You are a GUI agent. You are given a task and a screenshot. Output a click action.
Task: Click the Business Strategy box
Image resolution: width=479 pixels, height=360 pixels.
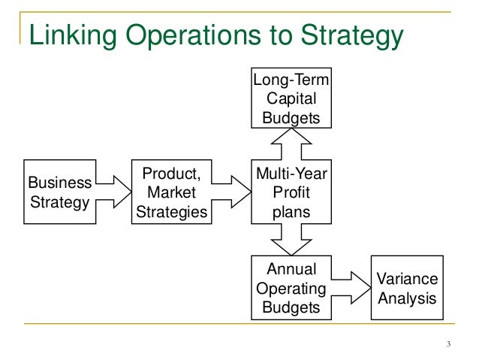pyautogui.click(x=59, y=192)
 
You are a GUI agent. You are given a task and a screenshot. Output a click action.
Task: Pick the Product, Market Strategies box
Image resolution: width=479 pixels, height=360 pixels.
pyautogui.click(x=171, y=192)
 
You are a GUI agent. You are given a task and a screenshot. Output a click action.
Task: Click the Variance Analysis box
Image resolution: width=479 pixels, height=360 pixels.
pyautogui.click(x=407, y=288)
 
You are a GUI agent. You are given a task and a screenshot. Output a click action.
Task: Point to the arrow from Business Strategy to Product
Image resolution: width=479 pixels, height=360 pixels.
pyautogui.click(x=113, y=192)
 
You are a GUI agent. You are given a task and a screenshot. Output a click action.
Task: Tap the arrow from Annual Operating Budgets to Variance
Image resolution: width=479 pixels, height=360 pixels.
pyautogui.click(x=351, y=288)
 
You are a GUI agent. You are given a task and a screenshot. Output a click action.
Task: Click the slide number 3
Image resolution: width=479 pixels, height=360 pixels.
pyautogui.click(x=447, y=345)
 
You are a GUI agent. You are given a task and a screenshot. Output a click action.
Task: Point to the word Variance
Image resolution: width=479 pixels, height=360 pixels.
pyautogui.click(x=407, y=280)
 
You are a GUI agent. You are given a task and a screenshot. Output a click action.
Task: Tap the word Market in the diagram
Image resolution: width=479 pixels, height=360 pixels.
pyautogui.click(x=171, y=192)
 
